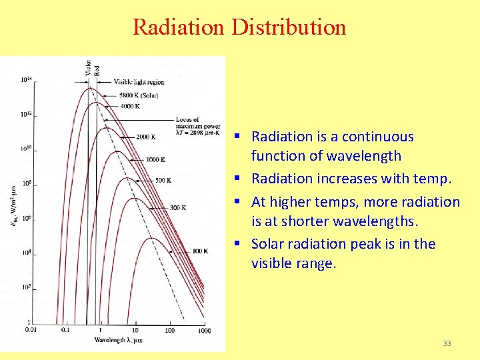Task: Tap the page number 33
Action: (x=447, y=343)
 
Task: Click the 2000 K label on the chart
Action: (x=145, y=137)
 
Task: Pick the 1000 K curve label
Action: (x=155, y=159)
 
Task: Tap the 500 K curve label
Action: (x=163, y=180)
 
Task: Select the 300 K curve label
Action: (x=178, y=207)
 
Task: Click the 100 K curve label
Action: (x=201, y=251)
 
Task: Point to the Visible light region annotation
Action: (x=139, y=82)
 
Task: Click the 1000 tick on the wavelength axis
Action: (x=204, y=331)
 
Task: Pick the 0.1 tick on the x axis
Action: (x=66, y=330)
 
